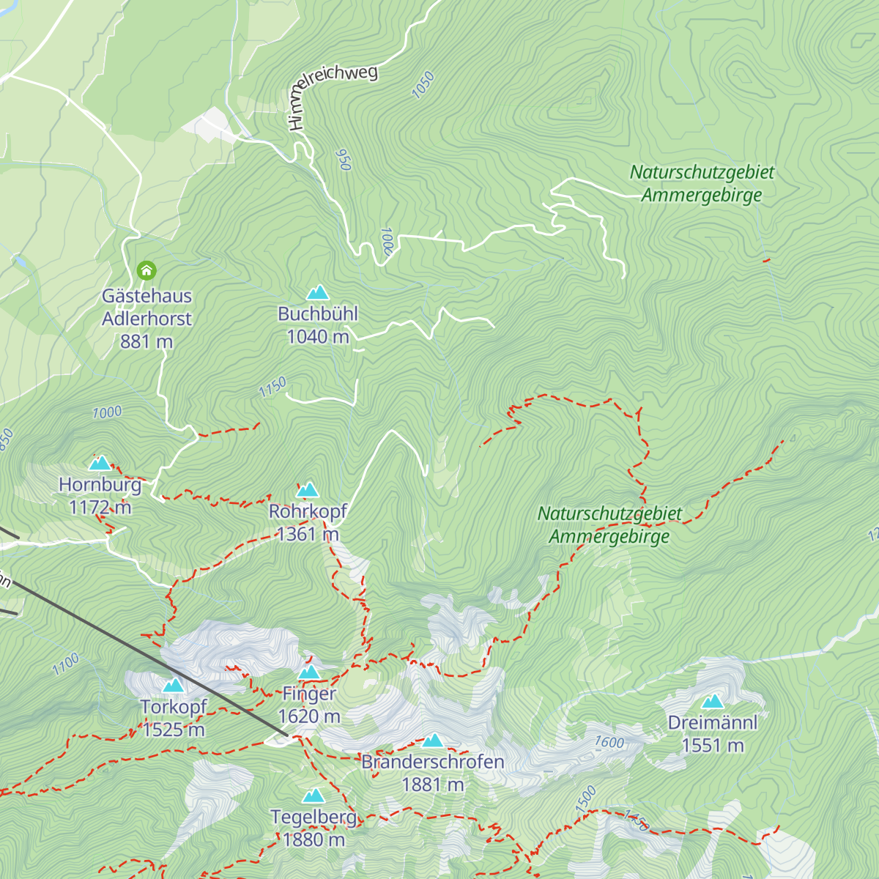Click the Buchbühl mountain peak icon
317,293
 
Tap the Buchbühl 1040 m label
318,325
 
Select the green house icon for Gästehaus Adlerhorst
146,270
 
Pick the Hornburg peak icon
100,463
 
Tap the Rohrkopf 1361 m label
308,522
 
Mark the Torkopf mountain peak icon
174,686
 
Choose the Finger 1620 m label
309,705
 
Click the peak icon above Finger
309,672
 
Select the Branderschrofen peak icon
433,741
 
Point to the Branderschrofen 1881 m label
433,773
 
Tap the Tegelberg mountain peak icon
314,795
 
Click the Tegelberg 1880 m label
314,828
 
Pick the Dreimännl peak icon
713,702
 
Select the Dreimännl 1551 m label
713,734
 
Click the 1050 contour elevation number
423,85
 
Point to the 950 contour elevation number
343,160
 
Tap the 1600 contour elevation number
609,742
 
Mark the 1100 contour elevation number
65,664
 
